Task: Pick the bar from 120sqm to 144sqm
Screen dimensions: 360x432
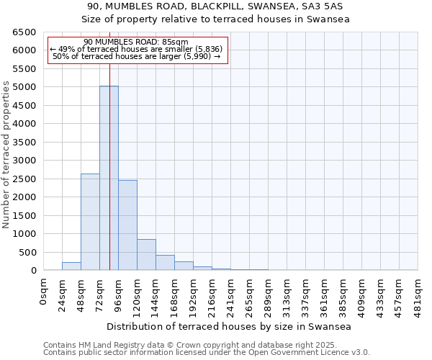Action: coord(146,255)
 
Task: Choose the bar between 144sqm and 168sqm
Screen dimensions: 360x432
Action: coord(165,263)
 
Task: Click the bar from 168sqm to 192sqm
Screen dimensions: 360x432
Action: coord(184,266)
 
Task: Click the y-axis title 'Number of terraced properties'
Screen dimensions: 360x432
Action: coord(6,155)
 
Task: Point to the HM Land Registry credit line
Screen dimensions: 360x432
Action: coord(206,346)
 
